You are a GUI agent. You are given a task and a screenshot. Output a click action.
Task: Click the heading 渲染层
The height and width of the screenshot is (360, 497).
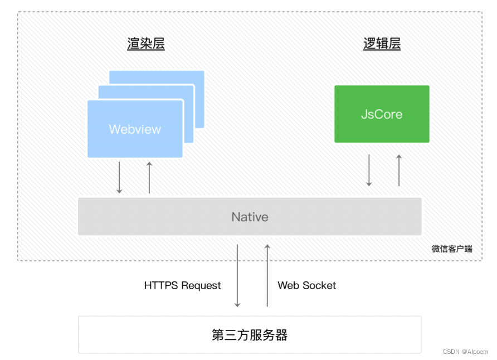[x=145, y=44]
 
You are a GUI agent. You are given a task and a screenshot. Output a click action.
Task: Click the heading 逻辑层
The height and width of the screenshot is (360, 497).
[x=382, y=44]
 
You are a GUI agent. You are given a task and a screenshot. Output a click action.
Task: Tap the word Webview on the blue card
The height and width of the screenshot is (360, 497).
[x=135, y=129]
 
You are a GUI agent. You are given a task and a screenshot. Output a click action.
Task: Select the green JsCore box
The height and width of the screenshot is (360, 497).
[x=382, y=114]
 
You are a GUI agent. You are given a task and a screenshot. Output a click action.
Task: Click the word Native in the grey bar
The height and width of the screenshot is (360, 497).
[x=250, y=217]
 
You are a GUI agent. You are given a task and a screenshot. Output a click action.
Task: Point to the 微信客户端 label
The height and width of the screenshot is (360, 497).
[x=452, y=249]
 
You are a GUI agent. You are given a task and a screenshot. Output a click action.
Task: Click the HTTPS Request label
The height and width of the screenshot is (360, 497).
[x=182, y=285]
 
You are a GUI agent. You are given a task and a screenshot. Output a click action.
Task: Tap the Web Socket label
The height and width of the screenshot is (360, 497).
[x=306, y=285]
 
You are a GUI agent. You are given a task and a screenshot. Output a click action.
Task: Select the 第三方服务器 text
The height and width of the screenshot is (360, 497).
[x=250, y=335]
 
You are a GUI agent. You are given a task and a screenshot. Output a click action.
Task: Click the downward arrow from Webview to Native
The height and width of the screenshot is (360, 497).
[x=119, y=177]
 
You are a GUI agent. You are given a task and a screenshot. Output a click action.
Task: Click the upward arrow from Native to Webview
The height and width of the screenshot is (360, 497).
[x=149, y=177]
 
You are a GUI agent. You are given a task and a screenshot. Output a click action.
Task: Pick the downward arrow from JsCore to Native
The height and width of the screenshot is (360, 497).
[x=369, y=171]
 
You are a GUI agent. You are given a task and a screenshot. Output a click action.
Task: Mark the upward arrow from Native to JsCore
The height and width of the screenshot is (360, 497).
[x=399, y=171]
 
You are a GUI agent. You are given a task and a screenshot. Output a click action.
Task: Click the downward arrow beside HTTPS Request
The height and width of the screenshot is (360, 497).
[x=237, y=275]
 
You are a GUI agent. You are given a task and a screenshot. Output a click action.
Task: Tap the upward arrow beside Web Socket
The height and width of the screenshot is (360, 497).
[x=267, y=275]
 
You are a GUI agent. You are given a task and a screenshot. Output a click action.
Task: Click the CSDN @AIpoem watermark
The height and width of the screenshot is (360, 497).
[x=466, y=352]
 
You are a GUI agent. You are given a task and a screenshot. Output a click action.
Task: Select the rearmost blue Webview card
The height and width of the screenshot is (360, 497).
[x=199, y=78]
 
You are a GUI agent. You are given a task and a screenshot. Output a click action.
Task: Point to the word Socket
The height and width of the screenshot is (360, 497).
[x=320, y=285]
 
